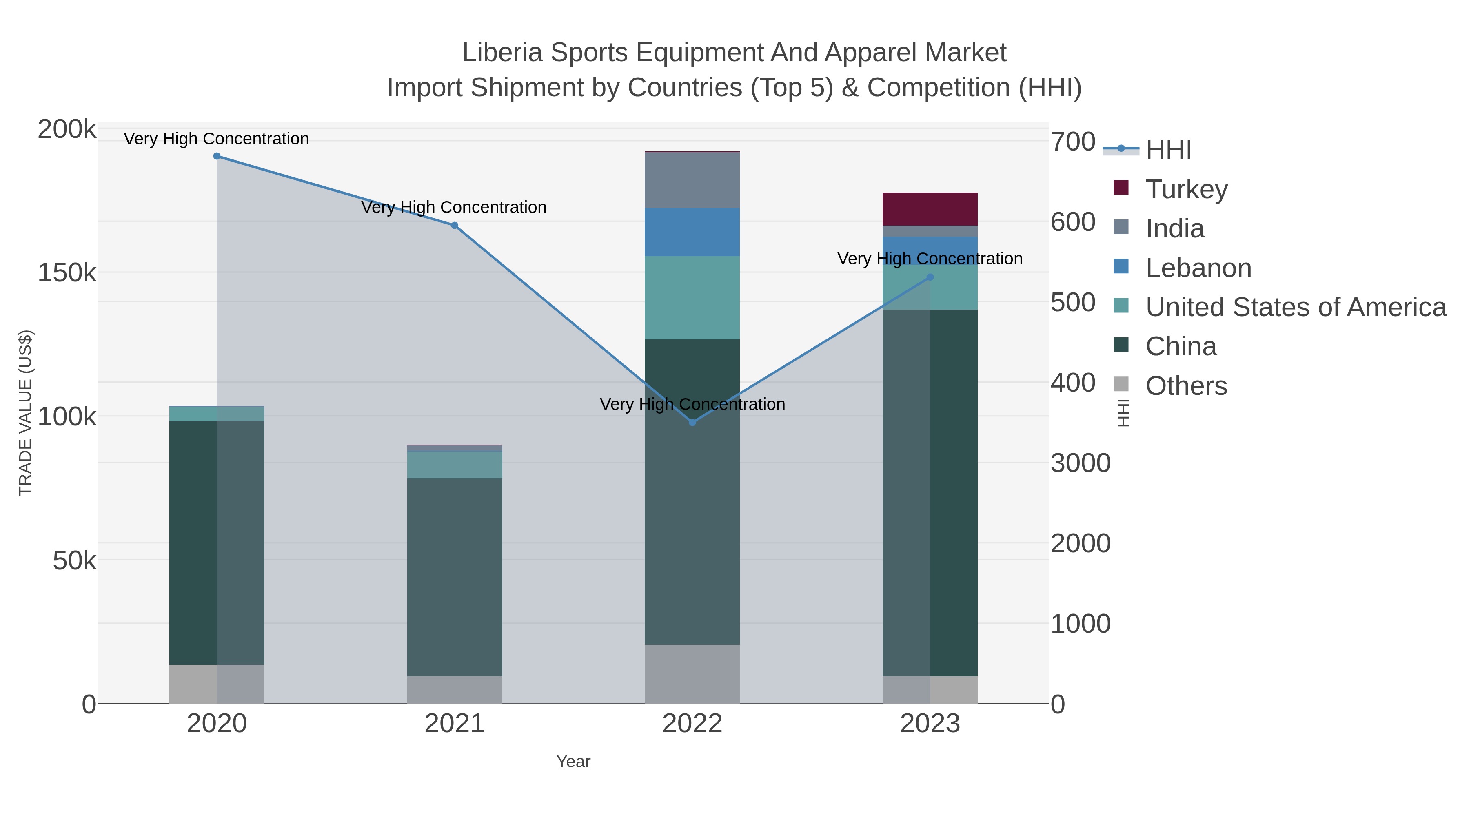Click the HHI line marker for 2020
coord(217,156)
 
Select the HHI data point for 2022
coord(692,423)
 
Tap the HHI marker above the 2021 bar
coord(455,226)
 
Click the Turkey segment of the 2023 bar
coord(930,209)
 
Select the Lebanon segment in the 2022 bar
coord(692,232)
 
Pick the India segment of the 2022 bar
coord(692,180)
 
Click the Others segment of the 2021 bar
coord(455,690)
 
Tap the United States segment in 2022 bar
coord(692,298)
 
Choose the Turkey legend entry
coord(1186,189)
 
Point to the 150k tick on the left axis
coord(67,273)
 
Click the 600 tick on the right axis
coord(1073,222)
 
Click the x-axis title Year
coord(573,762)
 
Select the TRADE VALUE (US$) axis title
coord(26,413)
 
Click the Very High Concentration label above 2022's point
coord(692,404)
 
